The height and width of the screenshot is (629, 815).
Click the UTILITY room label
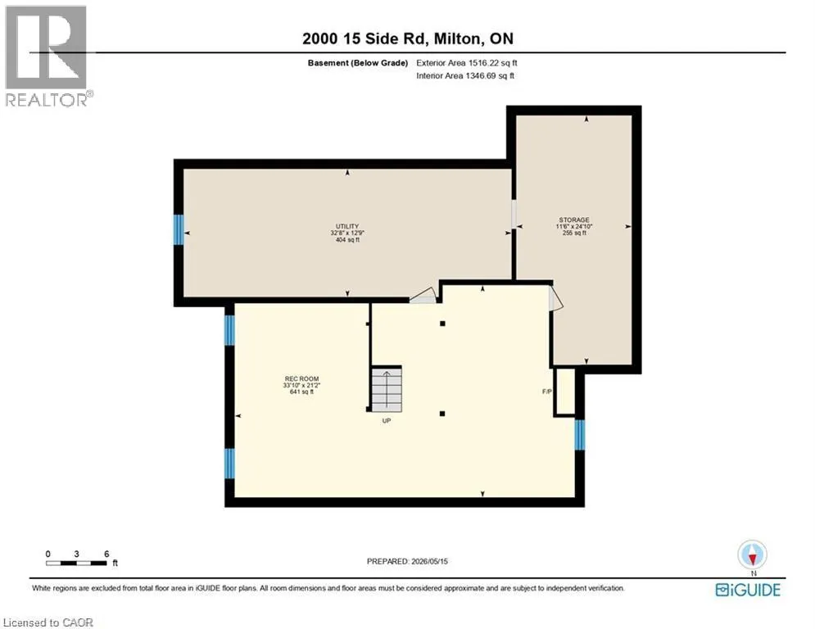click(347, 227)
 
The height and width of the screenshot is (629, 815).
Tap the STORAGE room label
click(574, 219)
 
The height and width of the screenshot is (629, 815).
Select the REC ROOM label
click(301, 379)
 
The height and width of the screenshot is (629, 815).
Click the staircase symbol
click(386, 389)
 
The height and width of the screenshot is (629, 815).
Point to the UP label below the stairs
click(386, 420)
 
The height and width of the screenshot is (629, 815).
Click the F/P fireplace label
click(547, 391)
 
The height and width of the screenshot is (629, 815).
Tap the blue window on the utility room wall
click(179, 230)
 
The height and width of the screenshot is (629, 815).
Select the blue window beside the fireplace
click(580, 435)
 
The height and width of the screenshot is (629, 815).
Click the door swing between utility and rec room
click(423, 296)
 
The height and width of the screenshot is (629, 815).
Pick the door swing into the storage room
click(556, 300)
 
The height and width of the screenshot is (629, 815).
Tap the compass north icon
click(752, 554)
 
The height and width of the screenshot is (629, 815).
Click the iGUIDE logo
click(748, 590)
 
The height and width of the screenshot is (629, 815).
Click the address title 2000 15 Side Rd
click(364, 38)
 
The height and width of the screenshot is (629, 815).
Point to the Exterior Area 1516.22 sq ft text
click(467, 63)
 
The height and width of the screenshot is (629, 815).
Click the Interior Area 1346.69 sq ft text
click(465, 76)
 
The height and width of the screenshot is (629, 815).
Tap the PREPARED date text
click(407, 561)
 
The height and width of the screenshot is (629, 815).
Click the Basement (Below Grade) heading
click(358, 63)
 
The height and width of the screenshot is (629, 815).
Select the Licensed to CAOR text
click(48, 622)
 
